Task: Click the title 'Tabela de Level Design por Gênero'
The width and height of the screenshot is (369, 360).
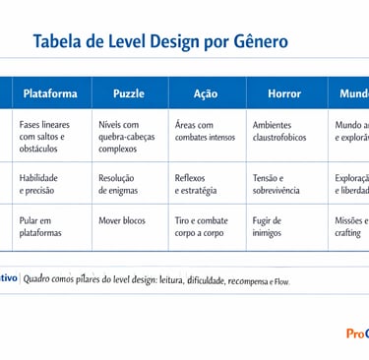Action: click(x=160, y=41)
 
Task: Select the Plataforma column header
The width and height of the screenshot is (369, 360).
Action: click(x=49, y=93)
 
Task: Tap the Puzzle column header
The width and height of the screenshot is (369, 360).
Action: click(x=128, y=93)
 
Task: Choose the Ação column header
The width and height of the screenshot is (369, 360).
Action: click(x=206, y=93)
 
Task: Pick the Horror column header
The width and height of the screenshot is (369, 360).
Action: click(x=284, y=93)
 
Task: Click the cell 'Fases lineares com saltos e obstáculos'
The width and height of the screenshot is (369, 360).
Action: click(x=45, y=137)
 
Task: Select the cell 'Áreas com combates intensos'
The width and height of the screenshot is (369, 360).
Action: click(x=205, y=131)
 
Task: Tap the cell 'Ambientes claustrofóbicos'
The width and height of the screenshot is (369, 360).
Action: click(x=279, y=131)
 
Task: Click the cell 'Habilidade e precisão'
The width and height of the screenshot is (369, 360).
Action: click(x=39, y=184)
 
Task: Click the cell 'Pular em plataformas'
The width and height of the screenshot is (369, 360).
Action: click(x=40, y=226)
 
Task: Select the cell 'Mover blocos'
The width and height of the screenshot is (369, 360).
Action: click(x=122, y=220)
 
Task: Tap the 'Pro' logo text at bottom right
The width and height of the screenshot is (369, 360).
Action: click(x=356, y=333)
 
